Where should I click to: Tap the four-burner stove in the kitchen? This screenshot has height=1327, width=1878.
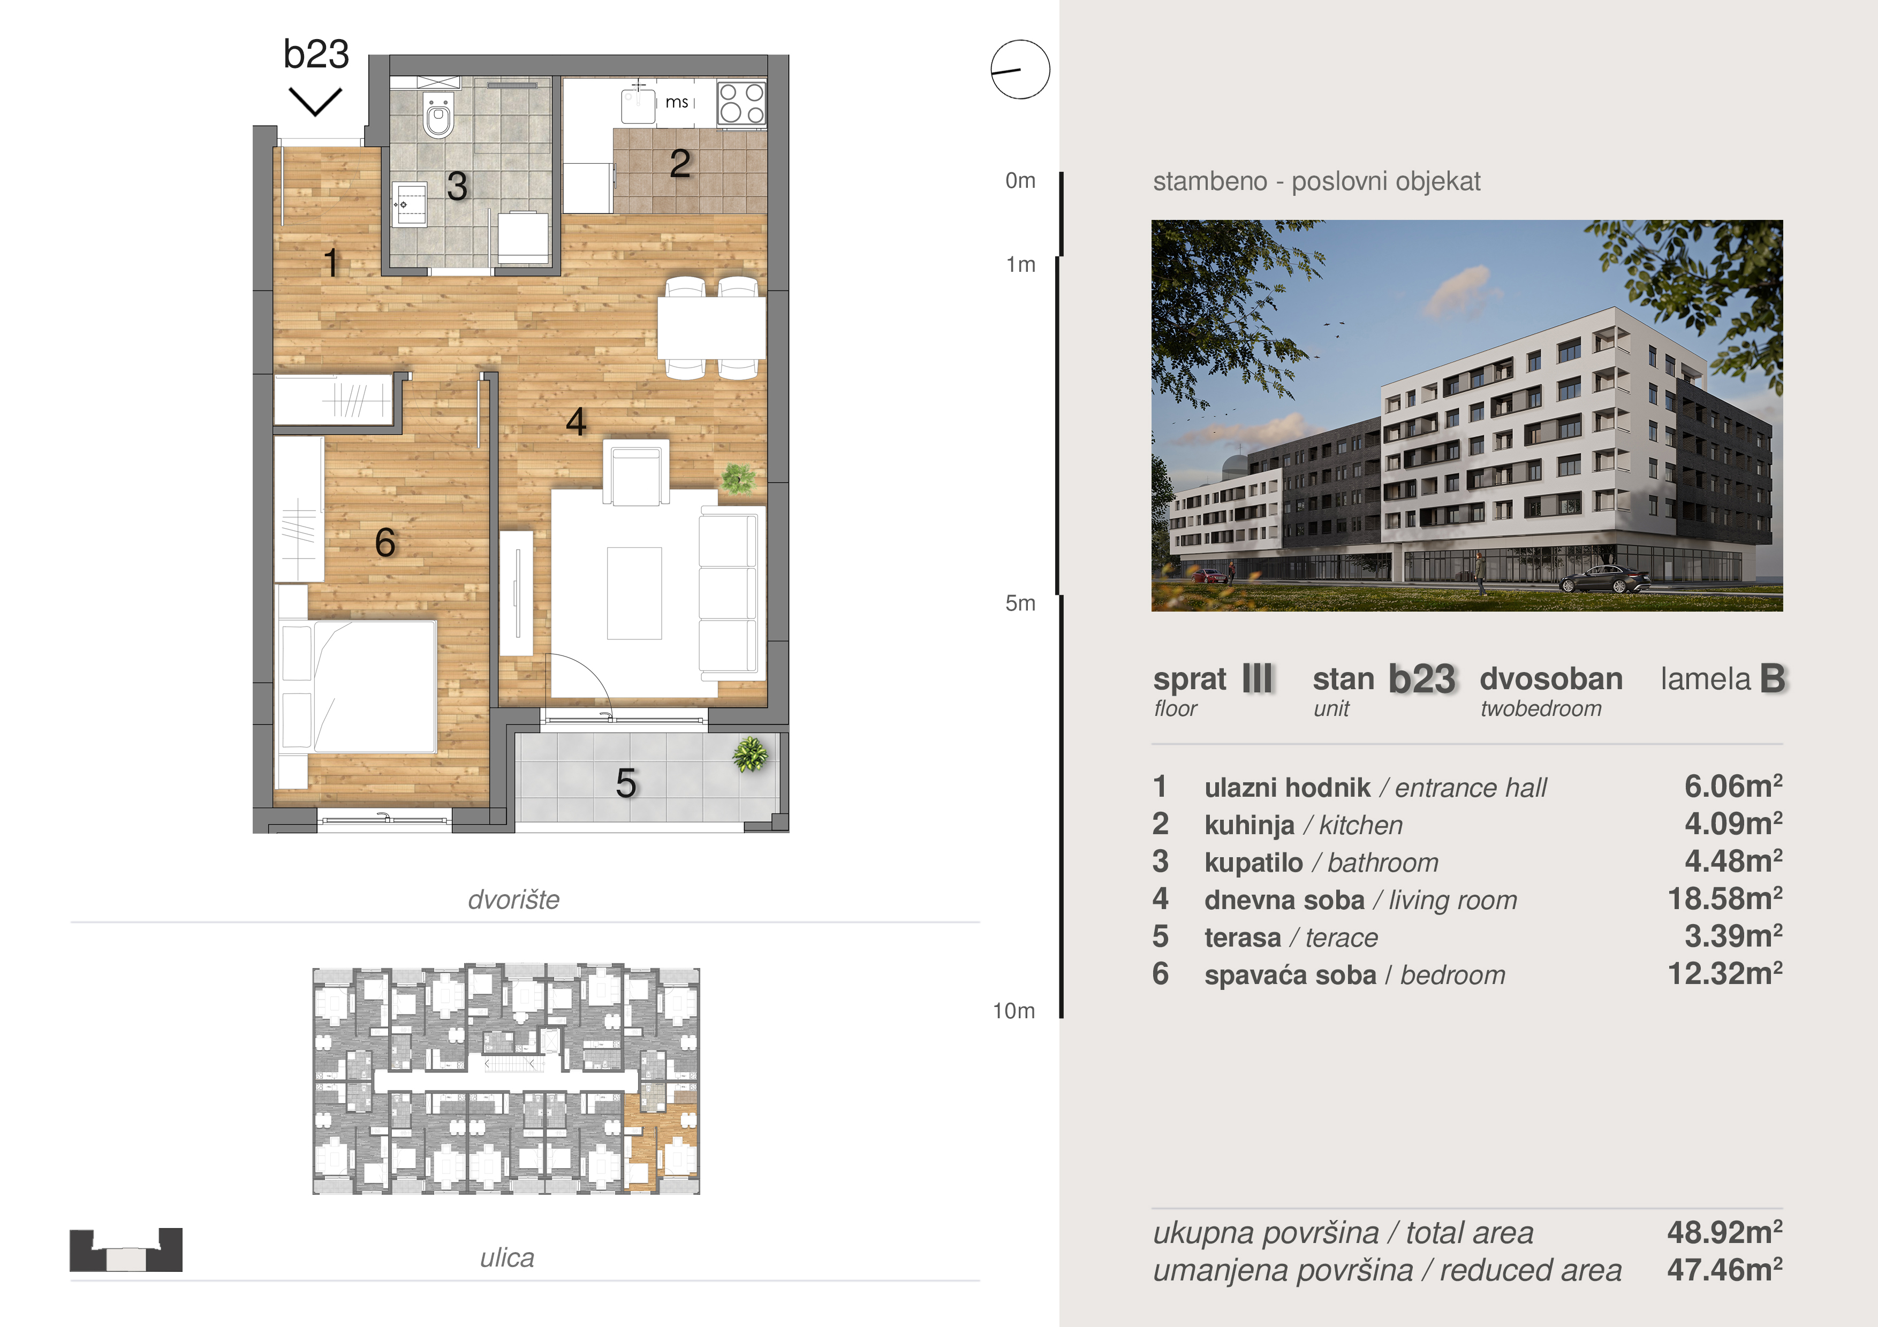pyautogui.click(x=741, y=103)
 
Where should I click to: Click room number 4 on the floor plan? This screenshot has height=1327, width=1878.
pyautogui.click(x=576, y=422)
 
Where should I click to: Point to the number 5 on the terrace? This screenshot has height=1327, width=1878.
pyautogui.click(x=626, y=783)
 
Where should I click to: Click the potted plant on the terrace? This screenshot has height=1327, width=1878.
pyautogui.click(x=750, y=754)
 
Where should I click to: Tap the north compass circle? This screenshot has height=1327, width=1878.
pyautogui.click(x=1020, y=70)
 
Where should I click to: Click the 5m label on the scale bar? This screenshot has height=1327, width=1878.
pyautogui.click(x=1020, y=604)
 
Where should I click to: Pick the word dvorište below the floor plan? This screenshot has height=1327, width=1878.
pyautogui.click(x=514, y=899)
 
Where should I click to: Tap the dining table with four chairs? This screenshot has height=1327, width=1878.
pyautogui.click(x=711, y=327)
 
